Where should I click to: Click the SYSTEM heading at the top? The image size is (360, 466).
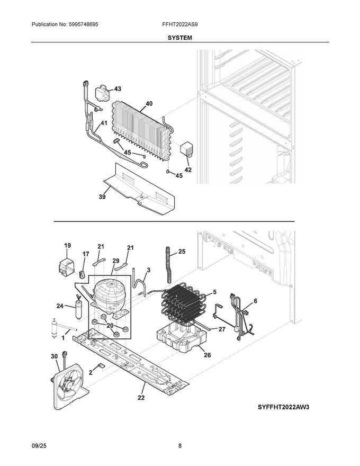(x=179, y=38)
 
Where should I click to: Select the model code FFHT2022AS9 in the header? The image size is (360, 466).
(x=179, y=24)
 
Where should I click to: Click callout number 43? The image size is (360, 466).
(x=118, y=89)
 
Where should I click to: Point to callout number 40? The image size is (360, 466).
(x=149, y=103)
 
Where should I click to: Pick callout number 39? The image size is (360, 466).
(x=102, y=197)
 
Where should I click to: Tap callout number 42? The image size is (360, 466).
(x=188, y=169)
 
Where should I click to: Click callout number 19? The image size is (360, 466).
(x=67, y=246)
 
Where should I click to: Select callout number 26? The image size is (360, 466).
(x=207, y=355)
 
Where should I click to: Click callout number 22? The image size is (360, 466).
(x=141, y=397)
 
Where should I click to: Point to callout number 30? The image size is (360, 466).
(x=54, y=356)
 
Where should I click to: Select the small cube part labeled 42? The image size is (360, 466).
(x=186, y=148)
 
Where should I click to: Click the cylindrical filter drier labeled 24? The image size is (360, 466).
(x=79, y=309)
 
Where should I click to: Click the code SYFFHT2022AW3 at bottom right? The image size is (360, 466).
(x=283, y=407)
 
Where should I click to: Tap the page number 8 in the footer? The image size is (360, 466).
(x=179, y=445)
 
